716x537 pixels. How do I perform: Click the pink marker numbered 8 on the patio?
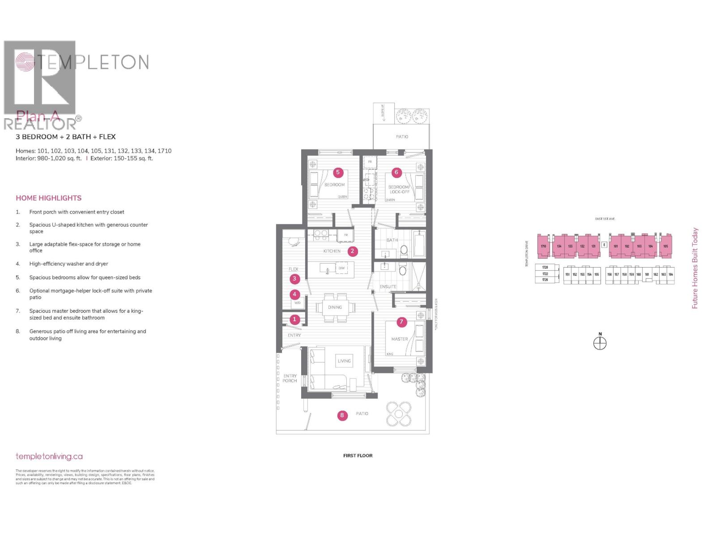coord(342,415)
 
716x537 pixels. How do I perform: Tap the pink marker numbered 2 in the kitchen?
coord(352,251)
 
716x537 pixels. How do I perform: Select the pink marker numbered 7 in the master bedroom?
coord(401,322)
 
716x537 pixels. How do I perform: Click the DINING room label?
coord(335,307)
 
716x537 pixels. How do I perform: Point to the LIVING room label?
coord(344,361)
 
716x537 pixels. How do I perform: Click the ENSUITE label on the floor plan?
coord(388,286)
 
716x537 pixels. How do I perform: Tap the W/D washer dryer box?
coord(298,303)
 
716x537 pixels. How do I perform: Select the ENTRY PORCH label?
coord(290,379)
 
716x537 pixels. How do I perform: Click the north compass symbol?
coord(600,343)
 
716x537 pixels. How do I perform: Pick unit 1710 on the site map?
coord(543,247)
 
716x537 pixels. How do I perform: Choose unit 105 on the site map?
coord(665,247)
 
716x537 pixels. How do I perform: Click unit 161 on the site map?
coord(647,275)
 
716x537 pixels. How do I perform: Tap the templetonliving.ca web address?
coord(49,456)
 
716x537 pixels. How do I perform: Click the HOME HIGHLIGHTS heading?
coord(49,198)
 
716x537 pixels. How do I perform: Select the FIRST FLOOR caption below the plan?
coord(358,456)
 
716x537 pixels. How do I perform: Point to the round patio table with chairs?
coord(398,413)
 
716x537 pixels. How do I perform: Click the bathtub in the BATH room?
coord(419,244)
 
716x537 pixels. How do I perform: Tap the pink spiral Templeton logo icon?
coord(25,62)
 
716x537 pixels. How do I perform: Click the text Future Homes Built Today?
coord(695,268)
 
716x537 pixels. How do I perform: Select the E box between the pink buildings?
coord(604,245)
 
